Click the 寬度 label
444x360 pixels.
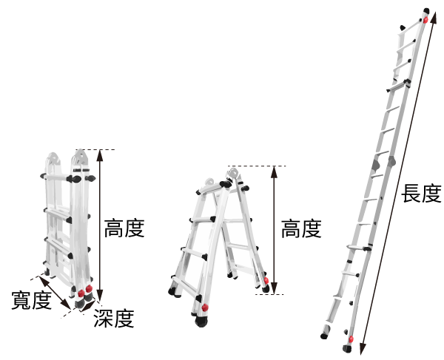31,300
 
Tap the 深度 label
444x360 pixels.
113,318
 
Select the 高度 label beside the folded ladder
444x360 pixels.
124,228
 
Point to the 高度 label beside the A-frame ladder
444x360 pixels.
301,228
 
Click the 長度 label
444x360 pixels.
421,194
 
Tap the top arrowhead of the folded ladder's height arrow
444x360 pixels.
100,155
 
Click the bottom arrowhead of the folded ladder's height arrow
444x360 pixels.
100,295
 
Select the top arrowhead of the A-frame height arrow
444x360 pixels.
274,172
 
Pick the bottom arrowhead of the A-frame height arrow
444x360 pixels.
274,288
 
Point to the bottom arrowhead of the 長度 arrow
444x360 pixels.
363,349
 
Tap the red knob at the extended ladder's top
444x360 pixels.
425,20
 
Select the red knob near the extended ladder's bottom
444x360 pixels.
351,339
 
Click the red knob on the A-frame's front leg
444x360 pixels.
205,308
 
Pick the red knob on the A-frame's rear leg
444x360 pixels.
266,280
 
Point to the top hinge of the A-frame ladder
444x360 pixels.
233,172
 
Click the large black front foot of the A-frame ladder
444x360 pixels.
201,322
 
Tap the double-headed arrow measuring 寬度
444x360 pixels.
55,293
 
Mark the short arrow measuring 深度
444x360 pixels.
87,306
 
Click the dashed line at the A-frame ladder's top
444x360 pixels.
257,166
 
